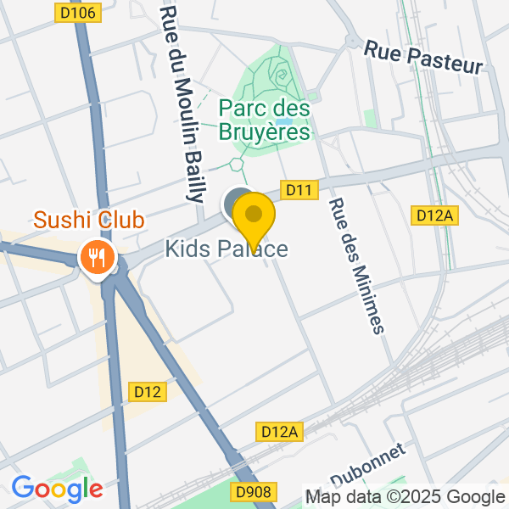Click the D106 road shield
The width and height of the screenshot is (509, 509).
[x=79, y=12]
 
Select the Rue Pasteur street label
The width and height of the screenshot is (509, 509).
[x=423, y=57]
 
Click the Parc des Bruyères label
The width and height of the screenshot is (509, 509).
[x=264, y=120]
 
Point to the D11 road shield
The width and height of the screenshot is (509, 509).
[x=299, y=191]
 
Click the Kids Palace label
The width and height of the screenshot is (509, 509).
[x=227, y=249]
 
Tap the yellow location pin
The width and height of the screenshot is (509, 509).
[x=253, y=217]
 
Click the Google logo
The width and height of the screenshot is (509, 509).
[x=57, y=489]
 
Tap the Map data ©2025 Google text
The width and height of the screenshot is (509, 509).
[x=405, y=497]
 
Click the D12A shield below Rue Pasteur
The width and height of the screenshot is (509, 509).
[x=436, y=215]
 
